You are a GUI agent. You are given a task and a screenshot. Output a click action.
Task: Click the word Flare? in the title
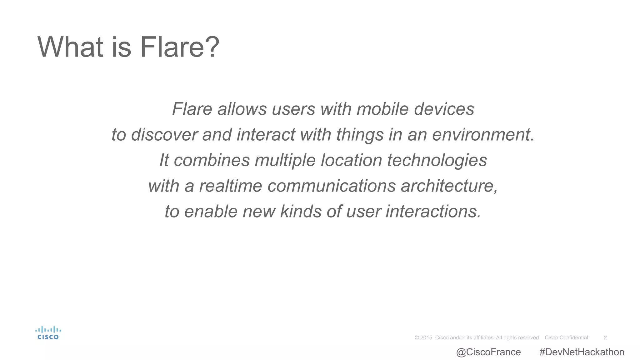(180, 47)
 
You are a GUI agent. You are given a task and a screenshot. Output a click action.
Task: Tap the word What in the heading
(70, 47)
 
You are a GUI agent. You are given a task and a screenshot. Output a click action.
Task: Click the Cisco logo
(48, 333)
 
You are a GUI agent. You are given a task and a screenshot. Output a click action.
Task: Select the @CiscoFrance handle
(488, 352)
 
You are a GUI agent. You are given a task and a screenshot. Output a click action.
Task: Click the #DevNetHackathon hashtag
(582, 352)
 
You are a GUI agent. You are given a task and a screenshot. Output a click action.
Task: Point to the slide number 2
(605, 337)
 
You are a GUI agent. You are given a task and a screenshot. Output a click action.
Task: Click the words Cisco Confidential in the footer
(566, 337)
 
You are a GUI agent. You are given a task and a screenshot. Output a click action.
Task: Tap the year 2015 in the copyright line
(426, 337)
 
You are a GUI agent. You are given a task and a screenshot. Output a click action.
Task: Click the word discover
(164, 135)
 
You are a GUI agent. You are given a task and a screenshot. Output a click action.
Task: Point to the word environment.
(483, 135)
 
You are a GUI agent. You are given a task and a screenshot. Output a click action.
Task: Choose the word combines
(212, 160)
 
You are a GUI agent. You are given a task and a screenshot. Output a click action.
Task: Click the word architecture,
(449, 186)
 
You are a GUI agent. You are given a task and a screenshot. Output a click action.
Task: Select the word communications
(332, 186)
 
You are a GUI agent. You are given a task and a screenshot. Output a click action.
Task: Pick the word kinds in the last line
(301, 212)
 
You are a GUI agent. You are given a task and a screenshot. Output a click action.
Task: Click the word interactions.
(433, 212)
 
